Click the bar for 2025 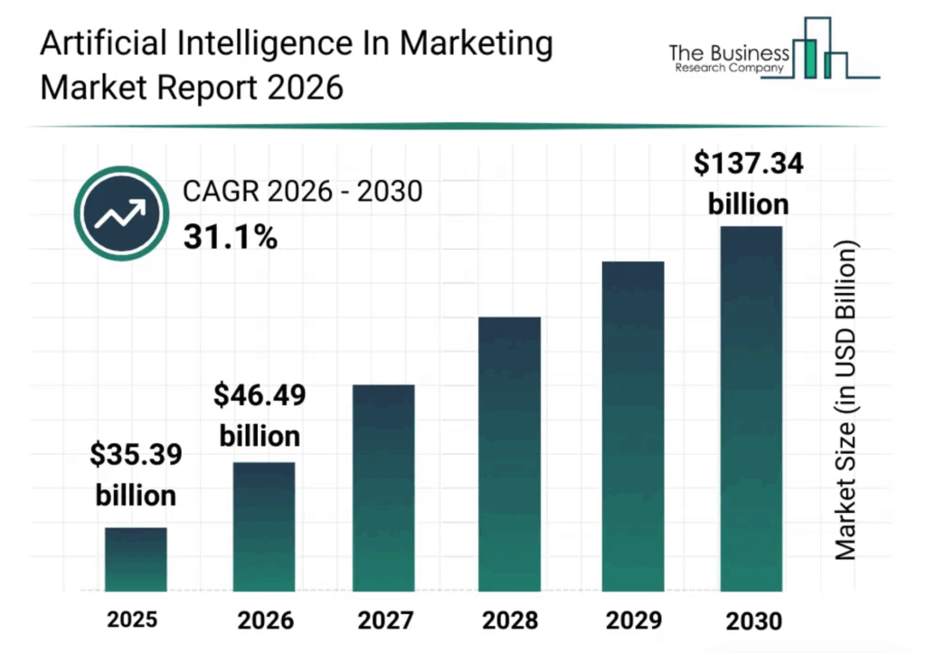point(136,559)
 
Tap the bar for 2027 point(384,488)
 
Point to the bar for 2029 point(633,426)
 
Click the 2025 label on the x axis point(132,620)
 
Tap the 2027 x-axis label point(383,621)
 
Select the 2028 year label point(508,621)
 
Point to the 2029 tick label point(633,621)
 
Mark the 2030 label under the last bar point(753,621)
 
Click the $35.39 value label point(136,455)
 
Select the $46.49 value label point(260,395)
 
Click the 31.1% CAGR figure point(230,237)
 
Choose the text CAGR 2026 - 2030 point(303,192)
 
